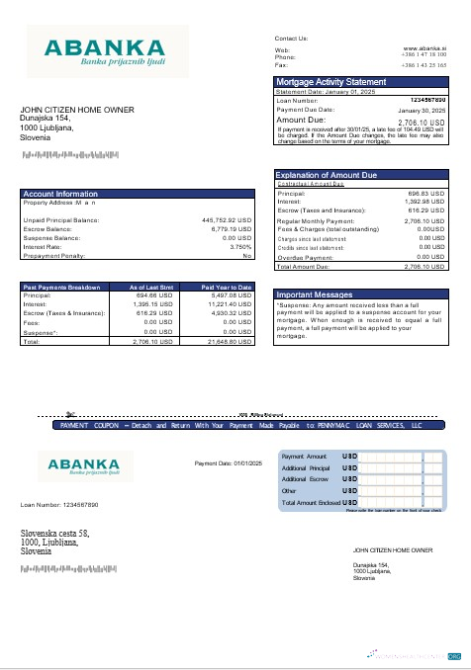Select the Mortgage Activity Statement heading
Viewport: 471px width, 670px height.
[330, 81]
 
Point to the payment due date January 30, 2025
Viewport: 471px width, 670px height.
[424, 110]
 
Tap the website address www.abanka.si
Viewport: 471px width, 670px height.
[424, 47]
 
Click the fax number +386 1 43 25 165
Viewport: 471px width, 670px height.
[424, 64]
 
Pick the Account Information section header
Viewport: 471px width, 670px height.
[60, 194]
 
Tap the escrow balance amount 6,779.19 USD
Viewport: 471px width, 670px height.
[232, 228]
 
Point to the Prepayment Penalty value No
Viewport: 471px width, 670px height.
[247, 255]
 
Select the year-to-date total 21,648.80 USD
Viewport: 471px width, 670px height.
[232, 341]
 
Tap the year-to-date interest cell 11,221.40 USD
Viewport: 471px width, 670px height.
[232, 304]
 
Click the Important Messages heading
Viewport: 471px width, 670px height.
[315, 294]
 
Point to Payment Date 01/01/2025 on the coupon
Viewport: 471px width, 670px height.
[227, 462]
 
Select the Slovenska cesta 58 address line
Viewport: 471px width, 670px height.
[55, 534]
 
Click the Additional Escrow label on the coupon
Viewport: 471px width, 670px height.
[306, 478]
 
